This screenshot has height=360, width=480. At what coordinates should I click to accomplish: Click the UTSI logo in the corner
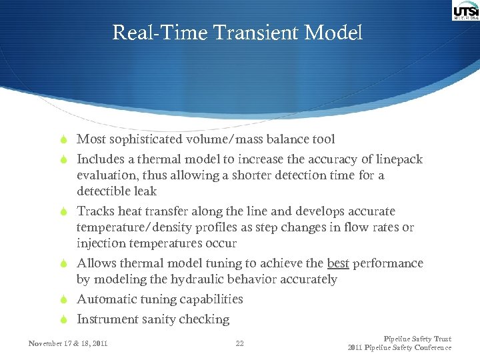(465, 11)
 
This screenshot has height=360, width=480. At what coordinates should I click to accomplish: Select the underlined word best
(338, 263)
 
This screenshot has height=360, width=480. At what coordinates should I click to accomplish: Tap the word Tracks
(95, 211)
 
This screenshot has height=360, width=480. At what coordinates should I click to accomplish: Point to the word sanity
(155, 319)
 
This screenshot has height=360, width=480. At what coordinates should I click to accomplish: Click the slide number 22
(240, 343)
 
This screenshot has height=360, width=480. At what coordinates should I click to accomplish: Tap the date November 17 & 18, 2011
(68, 343)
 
